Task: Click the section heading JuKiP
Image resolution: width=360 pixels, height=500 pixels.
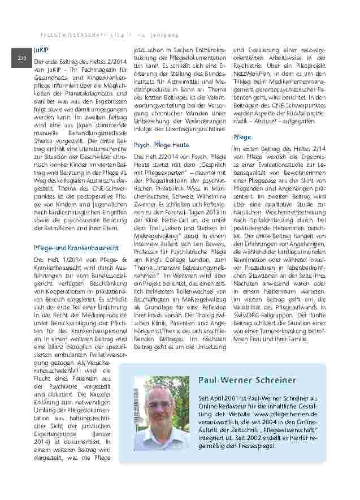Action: tap(41, 50)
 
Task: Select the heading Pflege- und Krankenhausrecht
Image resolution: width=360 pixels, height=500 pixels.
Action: tap(76, 247)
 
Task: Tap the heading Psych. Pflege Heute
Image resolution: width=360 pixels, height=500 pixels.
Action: tap(162, 145)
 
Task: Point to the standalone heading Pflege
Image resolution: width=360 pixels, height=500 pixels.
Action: tap(242, 137)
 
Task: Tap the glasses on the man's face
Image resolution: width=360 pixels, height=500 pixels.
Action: tap(159, 406)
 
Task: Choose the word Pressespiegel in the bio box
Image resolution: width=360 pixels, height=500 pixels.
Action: tap(250, 446)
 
